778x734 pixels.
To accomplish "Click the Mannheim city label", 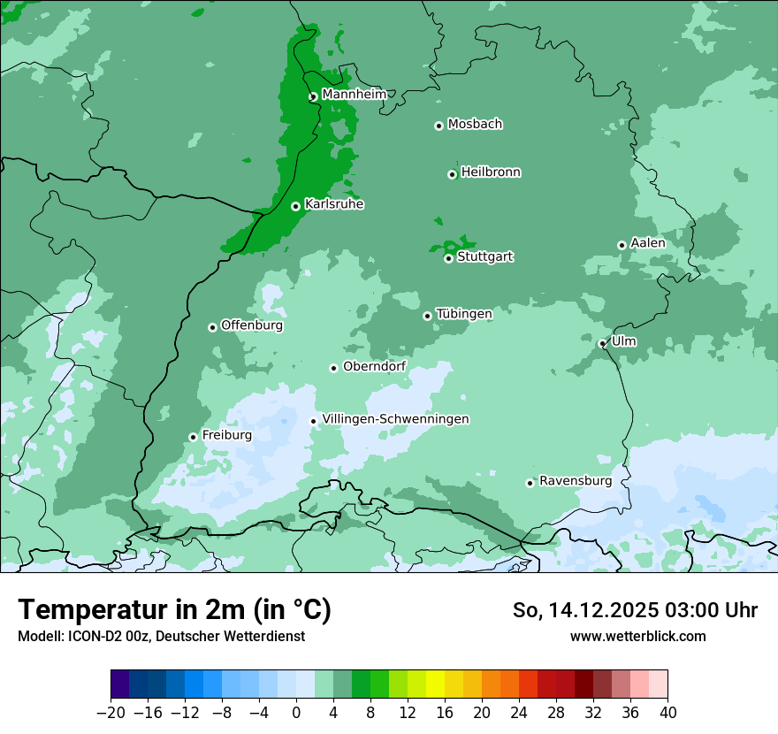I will pyautogui.click(x=354, y=95).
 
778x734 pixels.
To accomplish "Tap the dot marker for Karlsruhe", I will pyautogui.click(x=295, y=206).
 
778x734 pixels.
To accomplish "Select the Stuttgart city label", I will pyautogui.click(x=484, y=257).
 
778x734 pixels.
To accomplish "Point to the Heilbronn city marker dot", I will pyautogui.click(x=452, y=174).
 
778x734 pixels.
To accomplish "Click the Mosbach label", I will pyautogui.click(x=475, y=125).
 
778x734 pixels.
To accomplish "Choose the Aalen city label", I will pyautogui.click(x=648, y=243).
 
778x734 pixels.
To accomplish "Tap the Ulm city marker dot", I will pyautogui.click(x=602, y=344).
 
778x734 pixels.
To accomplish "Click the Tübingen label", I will pyautogui.click(x=464, y=314).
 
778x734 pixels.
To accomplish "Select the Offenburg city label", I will pyautogui.click(x=252, y=325).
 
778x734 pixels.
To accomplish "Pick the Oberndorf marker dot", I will pyautogui.click(x=333, y=368).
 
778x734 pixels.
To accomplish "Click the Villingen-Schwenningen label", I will pyautogui.click(x=396, y=419).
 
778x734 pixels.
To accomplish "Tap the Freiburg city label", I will pyautogui.click(x=227, y=435).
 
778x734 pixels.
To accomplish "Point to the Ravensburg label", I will pyautogui.click(x=576, y=481).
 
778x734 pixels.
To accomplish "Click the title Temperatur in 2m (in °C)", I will pyautogui.click(x=174, y=609).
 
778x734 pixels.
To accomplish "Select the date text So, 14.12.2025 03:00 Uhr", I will pyautogui.click(x=635, y=610).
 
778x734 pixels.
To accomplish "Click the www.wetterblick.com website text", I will pyautogui.click(x=638, y=636).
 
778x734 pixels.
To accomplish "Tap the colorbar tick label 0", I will pyautogui.click(x=296, y=713).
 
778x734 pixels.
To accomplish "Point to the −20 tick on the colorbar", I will pyautogui.click(x=111, y=713).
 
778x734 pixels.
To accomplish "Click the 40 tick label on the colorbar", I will pyautogui.click(x=667, y=713).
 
